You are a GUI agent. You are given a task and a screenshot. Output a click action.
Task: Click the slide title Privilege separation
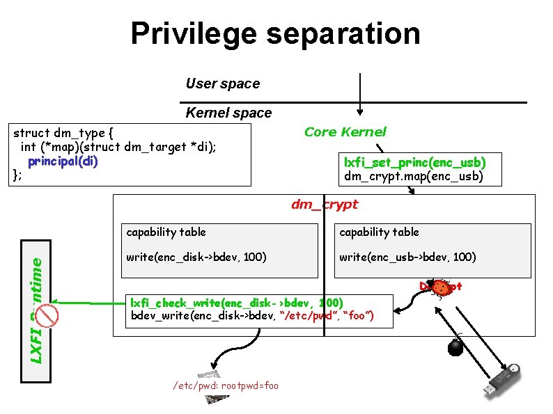coord(275,33)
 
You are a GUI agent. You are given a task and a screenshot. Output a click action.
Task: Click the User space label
coord(222,83)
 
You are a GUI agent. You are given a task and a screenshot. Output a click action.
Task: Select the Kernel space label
coord(228,113)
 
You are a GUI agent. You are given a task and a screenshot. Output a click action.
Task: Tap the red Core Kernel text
coord(345,132)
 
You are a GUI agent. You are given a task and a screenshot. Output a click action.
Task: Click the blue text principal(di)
coord(63,161)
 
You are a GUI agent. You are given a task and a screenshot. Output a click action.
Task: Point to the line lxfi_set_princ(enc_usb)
coord(414,162)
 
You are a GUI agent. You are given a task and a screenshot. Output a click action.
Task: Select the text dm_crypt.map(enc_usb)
coord(413,177)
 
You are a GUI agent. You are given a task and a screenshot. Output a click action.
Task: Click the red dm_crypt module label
coord(324,204)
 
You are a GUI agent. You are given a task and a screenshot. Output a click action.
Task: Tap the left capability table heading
coord(166,232)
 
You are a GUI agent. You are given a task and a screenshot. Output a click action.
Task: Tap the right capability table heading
coord(379,232)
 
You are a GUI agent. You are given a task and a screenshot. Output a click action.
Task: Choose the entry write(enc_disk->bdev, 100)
coord(195,257)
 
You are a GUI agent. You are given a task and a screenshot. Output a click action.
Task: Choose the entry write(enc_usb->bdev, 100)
coord(407,257)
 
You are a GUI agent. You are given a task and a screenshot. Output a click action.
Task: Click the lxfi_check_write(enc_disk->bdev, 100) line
coord(237,303)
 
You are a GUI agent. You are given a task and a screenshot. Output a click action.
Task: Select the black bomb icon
coord(455,346)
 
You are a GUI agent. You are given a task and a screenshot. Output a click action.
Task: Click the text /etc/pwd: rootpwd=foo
coord(225,385)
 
